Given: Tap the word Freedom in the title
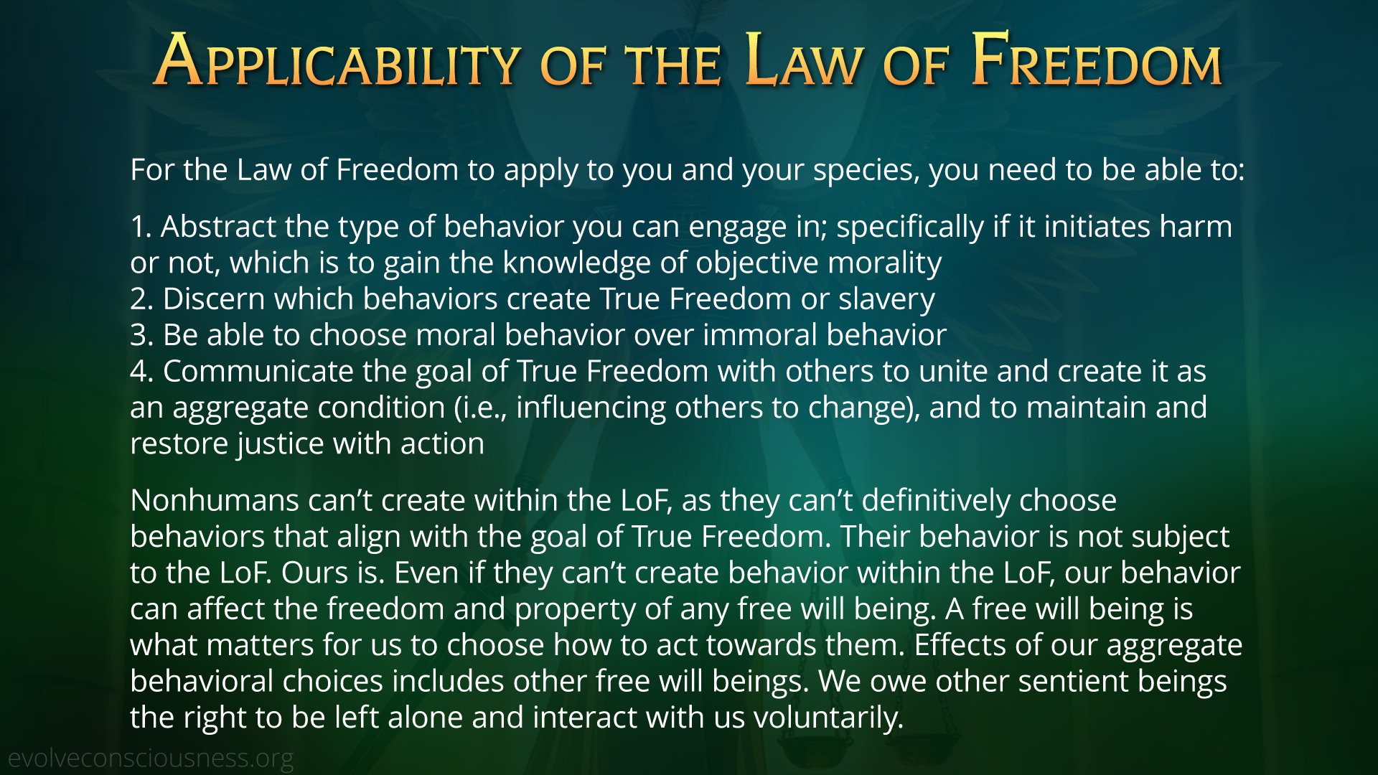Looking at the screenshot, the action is point(1097,60).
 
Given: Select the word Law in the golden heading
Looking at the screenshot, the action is point(804,60).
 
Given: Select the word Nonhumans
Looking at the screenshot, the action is point(215,501).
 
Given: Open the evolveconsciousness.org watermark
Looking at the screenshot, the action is point(151,758).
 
